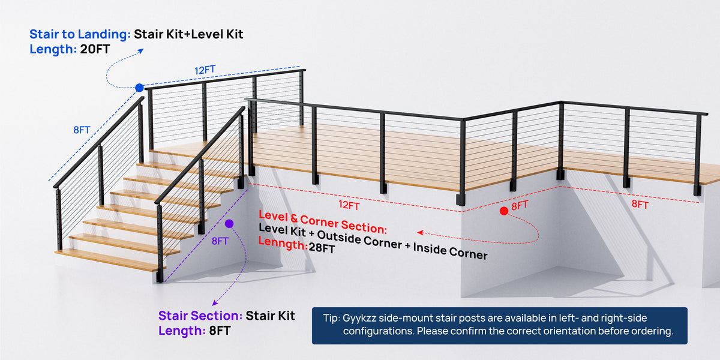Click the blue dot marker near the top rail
pyautogui.click(x=139, y=88)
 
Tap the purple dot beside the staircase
pyautogui.click(x=229, y=224)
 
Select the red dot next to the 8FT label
pyautogui.click(x=504, y=211)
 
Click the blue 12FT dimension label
pyautogui.click(x=205, y=70)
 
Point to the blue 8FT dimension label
pyautogui.click(x=82, y=130)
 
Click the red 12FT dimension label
pyautogui.click(x=349, y=205)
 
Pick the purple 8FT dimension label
pyautogui.click(x=220, y=241)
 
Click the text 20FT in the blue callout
pyautogui.click(x=95, y=49)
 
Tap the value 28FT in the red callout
pyautogui.click(x=322, y=248)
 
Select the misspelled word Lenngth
pyautogui.click(x=283, y=244)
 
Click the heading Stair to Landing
pyautogui.click(x=80, y=34)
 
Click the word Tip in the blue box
pyautogui.click(x=331, y=318)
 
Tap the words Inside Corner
pyautogui.click(x=451, y=251)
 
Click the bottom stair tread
pyautogui.click(x=109, y=260)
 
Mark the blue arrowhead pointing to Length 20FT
pyautogui.click(x=141, y=51)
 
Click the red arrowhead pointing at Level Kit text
pyautogui.click(x=420, y=232)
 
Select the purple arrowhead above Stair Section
pyautogui.click(x=215, y=303)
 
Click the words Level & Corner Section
pyautogui.click(x=323, y=222)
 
